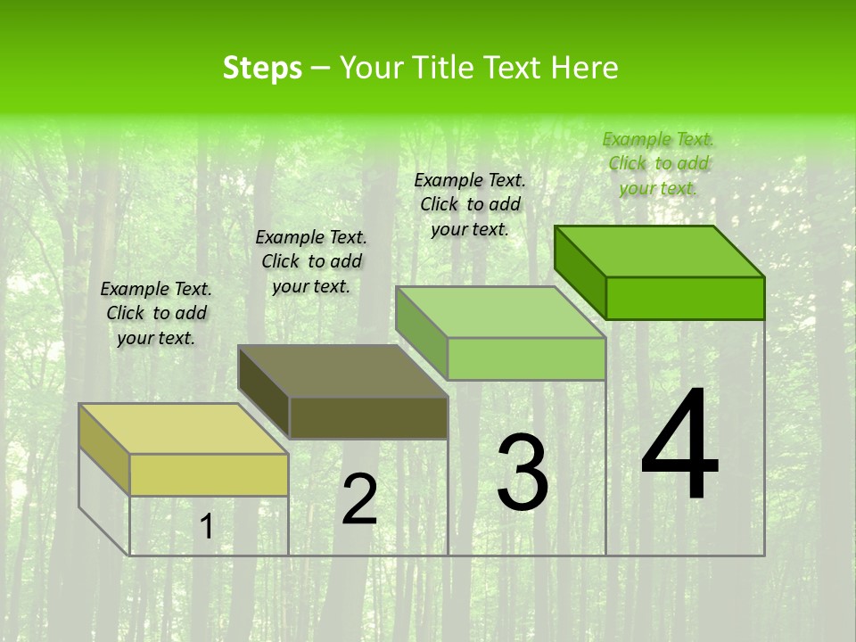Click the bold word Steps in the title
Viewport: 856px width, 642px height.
262,68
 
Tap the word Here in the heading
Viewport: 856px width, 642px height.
584,68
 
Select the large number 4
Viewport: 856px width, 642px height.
679,446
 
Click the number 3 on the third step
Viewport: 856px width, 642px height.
523,473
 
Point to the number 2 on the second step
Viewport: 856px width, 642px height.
359,500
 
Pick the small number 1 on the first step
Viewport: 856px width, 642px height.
206,527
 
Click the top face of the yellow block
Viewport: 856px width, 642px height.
183,429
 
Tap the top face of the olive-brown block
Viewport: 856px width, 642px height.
342,371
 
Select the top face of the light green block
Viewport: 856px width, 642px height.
500,312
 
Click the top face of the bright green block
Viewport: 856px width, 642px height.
659,251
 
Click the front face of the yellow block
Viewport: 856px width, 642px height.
209,474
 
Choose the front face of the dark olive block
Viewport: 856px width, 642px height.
368,417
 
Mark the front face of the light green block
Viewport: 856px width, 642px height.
526,358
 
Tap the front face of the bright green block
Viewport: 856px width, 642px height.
685,298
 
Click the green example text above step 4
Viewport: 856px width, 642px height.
658,163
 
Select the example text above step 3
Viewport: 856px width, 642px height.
470,204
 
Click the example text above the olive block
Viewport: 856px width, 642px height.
311,261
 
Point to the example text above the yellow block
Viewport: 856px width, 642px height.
156,313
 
